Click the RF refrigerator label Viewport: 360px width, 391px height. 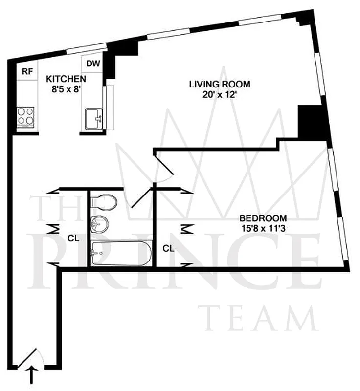point(27,71)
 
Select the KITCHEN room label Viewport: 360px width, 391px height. point(67,79)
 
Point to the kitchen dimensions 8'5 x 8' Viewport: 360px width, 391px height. point(67,89)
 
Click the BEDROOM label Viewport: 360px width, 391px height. point(263,218)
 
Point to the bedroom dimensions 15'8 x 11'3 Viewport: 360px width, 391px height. point(263,228)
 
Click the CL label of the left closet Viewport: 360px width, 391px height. point(73,239)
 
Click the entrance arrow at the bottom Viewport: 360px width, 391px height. point(32,376)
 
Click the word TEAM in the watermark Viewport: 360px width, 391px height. point(258,318)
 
